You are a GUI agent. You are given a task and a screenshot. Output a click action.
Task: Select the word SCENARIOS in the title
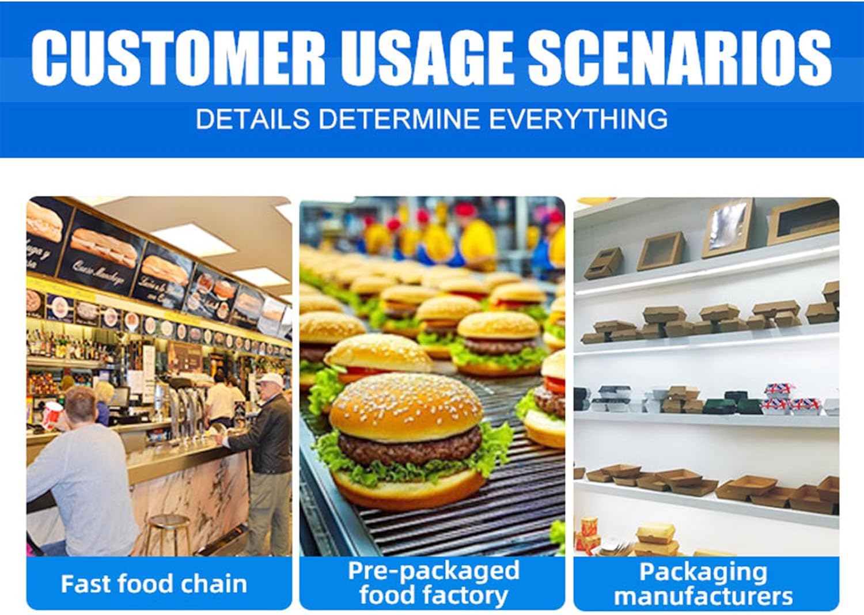tap(680, 57)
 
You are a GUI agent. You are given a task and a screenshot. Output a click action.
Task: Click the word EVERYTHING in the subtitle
tap(578, 119)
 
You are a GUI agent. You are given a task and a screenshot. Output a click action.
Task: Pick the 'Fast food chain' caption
tap(154, 584)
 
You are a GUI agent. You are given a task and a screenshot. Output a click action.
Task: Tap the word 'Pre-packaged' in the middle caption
tap(433, 571)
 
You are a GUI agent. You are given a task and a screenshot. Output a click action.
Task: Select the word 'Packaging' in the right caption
tap(703, 572)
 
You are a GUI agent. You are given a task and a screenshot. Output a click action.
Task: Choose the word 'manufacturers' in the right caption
tap(703, 597)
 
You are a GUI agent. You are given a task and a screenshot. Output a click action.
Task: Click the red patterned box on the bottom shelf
tap(591, 533)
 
